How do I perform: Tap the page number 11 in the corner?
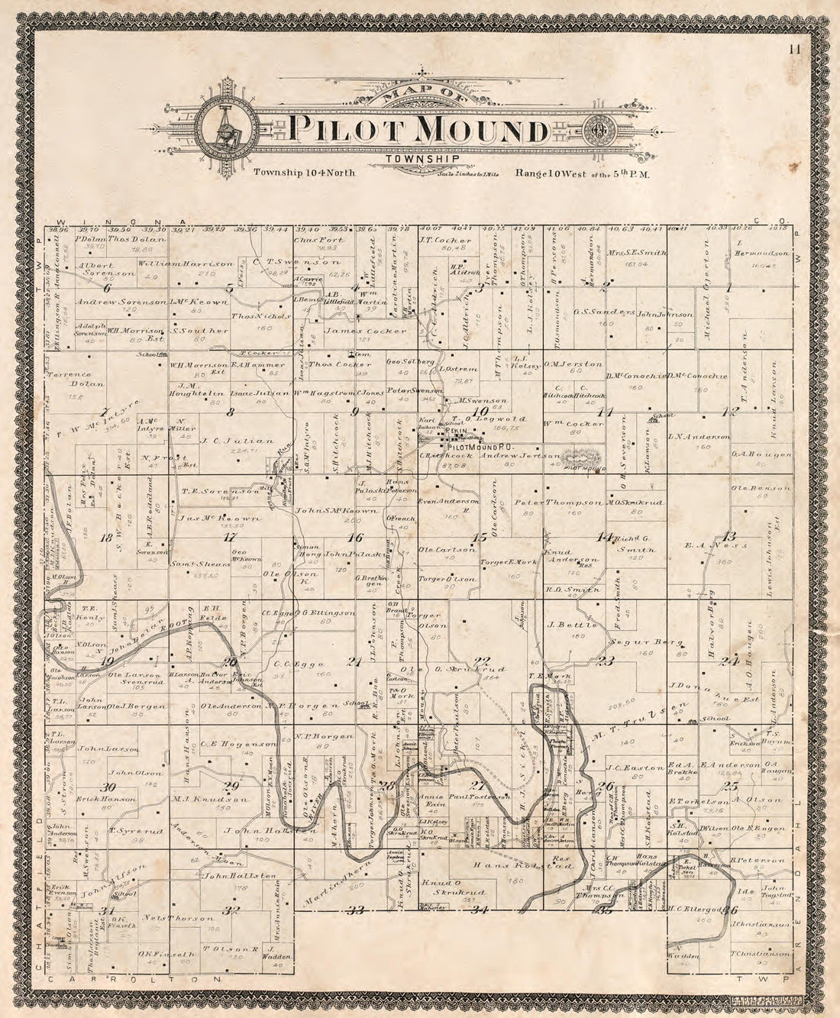point(796,50)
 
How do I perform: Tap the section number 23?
point(606,661)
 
